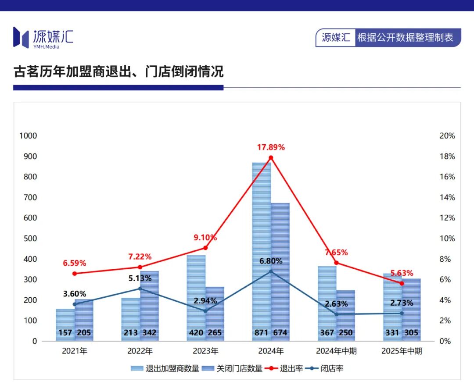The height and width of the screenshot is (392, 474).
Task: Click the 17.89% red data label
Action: tap(271, 147)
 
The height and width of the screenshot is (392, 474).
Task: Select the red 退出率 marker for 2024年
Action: tap(271, 158)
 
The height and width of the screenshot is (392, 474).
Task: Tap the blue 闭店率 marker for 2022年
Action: tap(140, 289)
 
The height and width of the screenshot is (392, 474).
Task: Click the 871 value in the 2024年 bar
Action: tap(262, 333)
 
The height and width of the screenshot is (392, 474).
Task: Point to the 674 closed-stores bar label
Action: tap(280, 333)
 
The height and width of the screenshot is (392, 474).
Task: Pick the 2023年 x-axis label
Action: tap(205, 351)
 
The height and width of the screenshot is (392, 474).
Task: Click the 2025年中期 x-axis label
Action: tap(402, 351)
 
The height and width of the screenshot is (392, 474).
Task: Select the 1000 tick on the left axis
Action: tap(28, 136)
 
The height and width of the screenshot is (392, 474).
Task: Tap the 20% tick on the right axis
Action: tap(447, 136)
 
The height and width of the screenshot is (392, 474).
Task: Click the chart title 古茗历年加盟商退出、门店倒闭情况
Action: tap(118, 71)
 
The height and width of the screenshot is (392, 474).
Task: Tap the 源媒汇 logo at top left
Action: tap(43, 37)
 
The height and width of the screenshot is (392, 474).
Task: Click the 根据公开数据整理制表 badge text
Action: tap(405, 37)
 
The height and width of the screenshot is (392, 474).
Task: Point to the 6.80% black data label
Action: tap(271, 261)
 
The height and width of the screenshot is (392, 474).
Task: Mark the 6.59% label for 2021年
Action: tap(75, 264)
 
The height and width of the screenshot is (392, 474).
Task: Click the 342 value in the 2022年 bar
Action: tap(149, 333)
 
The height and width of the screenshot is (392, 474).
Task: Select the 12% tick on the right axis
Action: tap(447, 218)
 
